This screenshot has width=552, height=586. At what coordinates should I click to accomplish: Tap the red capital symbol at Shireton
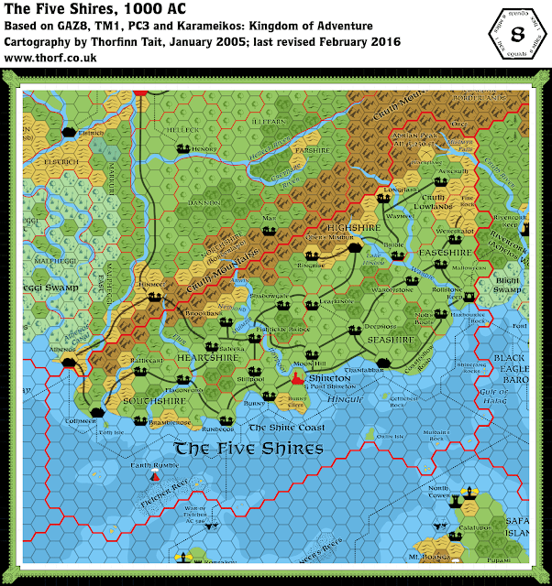(296, 376)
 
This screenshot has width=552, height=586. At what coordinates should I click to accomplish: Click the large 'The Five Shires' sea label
(248, 449)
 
